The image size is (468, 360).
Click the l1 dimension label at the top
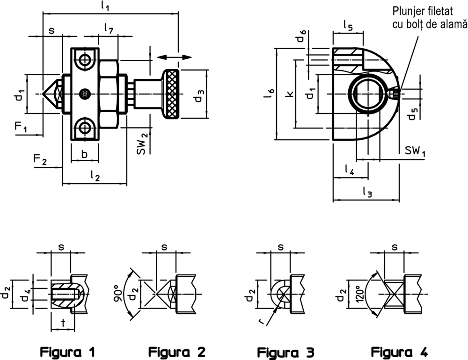coord(105,7)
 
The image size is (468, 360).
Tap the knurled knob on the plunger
coord(171,94)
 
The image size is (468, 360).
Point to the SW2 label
coord(142,144)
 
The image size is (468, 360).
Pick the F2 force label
coord(40,159)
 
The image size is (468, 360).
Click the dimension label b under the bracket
coord(85,154)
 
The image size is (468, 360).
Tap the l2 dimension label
coord(95,176)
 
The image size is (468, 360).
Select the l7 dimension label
coord(109,29)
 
